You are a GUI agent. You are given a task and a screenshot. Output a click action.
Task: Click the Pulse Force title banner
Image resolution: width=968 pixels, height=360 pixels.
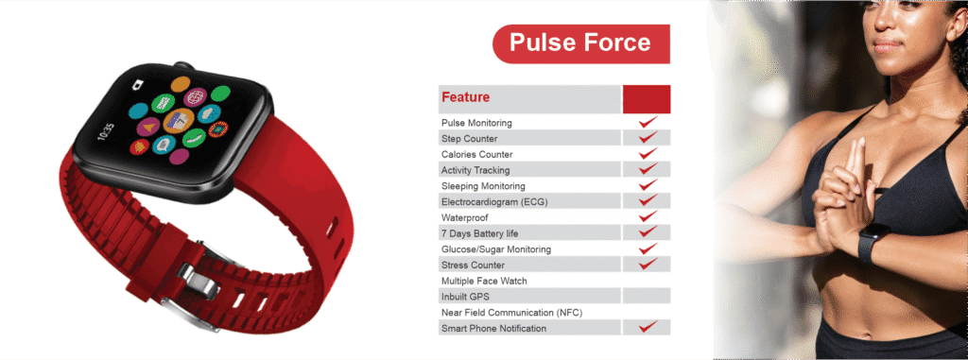(581, 43)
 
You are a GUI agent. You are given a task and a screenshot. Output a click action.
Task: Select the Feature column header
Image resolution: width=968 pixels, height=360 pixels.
(465, 97)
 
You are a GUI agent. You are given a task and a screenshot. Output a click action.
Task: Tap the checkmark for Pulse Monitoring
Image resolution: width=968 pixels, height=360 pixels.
(648, 122)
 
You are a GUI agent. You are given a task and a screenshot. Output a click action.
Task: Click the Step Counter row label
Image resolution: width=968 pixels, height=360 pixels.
(469, 138)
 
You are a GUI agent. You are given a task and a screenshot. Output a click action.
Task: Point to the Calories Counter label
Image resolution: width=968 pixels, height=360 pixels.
(476, 154)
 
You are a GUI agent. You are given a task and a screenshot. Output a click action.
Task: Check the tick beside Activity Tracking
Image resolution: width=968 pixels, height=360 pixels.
(648, 169)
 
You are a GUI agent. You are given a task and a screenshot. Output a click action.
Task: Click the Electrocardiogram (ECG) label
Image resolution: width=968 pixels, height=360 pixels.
(494, 202)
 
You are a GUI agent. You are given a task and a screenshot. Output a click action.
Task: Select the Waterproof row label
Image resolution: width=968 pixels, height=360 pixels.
(463, 218)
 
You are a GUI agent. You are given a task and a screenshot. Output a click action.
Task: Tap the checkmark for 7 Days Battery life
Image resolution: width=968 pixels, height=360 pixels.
(648, 232)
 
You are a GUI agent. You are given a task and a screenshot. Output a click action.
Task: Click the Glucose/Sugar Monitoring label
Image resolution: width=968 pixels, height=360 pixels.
(495, 249)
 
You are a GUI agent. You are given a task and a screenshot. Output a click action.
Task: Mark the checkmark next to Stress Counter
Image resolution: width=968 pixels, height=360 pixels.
(648, 265)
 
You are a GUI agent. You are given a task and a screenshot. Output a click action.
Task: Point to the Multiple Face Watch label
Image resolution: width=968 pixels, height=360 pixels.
(484, 281)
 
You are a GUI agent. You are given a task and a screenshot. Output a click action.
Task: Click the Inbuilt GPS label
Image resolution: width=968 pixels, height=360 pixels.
(465, 297)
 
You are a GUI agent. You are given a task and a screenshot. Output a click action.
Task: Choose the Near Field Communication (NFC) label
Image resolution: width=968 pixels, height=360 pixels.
(511, 313)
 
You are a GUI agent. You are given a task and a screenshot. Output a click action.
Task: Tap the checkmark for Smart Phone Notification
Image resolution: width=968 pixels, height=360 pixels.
(648, 327)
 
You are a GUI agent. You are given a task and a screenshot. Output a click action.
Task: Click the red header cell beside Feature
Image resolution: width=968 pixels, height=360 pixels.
(647, 99)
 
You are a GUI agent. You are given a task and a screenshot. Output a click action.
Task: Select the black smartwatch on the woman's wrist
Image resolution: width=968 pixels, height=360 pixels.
(873, 242)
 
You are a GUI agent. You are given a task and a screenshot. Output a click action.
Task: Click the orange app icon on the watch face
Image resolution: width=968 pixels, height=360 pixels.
(181, 83)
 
